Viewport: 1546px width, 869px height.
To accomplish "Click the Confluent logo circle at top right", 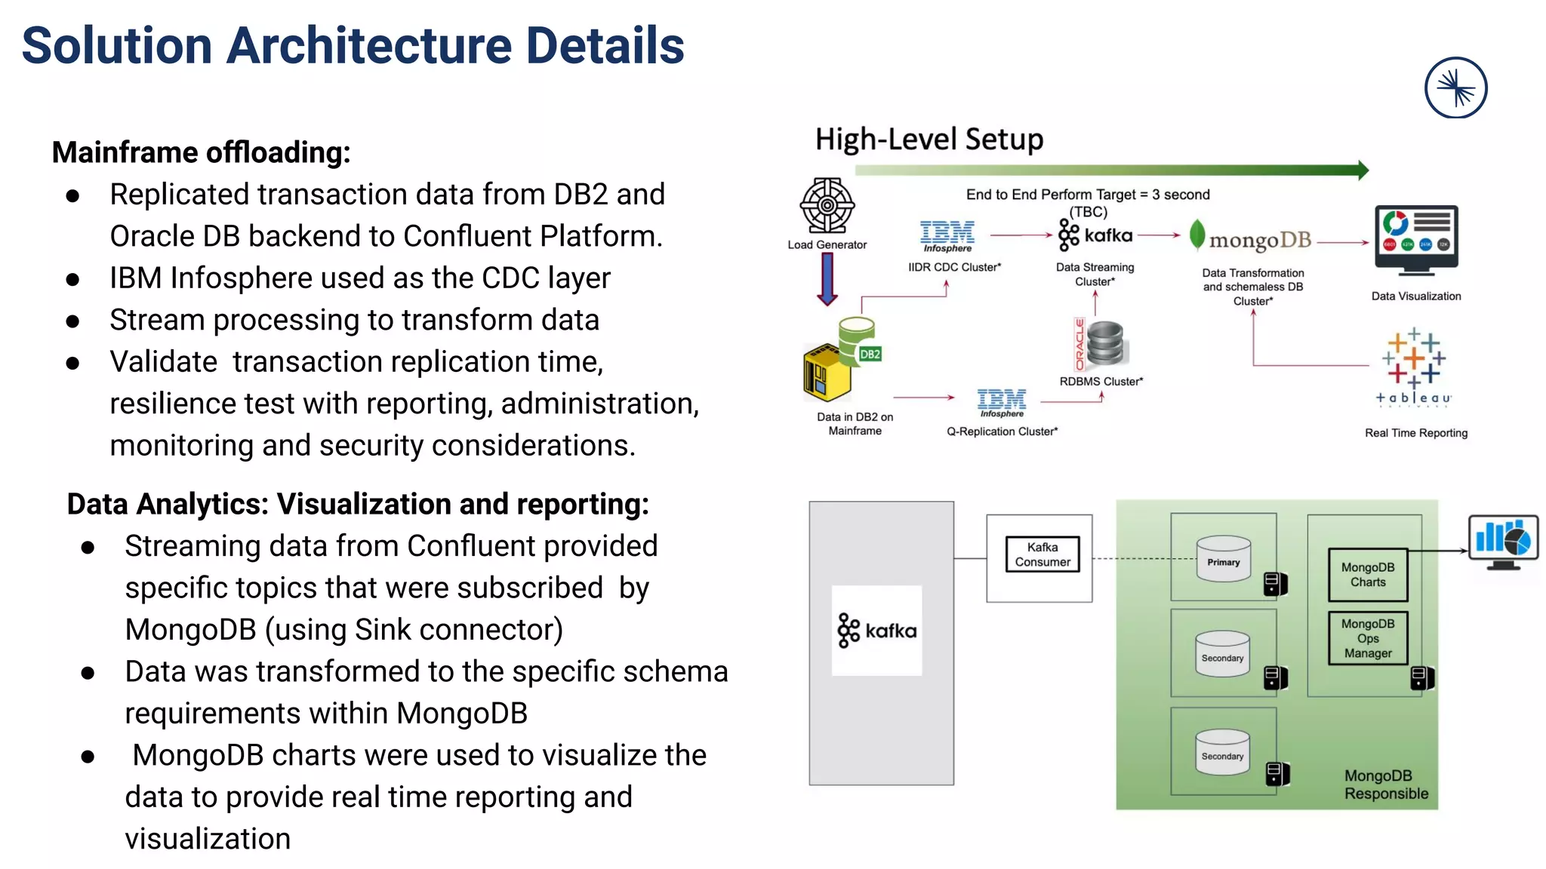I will (x=1455, y=88).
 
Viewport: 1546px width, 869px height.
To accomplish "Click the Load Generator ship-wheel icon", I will (x=827, y=205).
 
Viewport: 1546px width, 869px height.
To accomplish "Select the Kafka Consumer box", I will (x=1042, y=554).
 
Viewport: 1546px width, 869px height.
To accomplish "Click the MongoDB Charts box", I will (x=1368, y=575).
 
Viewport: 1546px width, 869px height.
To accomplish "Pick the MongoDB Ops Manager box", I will (x=1368, y=638).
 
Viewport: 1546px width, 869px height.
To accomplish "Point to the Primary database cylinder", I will (x=1224, y=559).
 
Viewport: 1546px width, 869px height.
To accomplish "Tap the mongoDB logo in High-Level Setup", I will (x=1253, y=238).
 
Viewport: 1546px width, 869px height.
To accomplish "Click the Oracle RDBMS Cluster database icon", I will (x=1104, y=345).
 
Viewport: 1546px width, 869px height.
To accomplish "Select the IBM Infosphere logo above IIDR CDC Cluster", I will (x=947, y=236).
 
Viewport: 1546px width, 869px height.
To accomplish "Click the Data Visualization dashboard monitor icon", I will (x=1416, y=239).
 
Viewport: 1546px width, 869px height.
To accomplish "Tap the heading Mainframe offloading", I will (x=201, y=152).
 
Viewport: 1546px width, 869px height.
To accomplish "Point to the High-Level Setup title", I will (x=929, y=140).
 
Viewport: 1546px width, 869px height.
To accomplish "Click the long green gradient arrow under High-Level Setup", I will (x=1110, y=170).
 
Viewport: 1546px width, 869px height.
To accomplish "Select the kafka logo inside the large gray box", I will (x=876, y=631).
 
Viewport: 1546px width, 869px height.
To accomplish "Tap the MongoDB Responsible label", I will (x=1386, y=785).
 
